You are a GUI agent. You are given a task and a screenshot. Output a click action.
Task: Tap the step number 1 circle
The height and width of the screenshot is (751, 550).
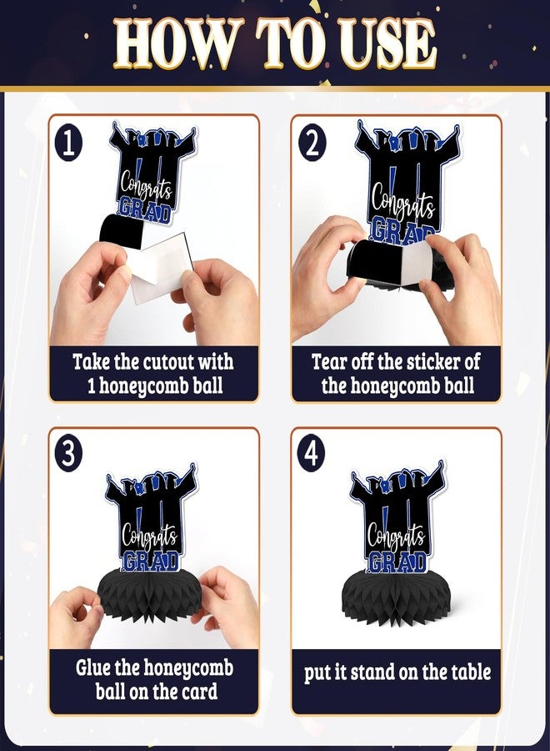click(69, 144)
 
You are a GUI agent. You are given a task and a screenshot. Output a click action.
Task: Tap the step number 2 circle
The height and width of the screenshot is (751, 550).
click(312, 144)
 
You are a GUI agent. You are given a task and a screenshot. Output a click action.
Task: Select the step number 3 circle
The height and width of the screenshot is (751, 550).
click(69, 454)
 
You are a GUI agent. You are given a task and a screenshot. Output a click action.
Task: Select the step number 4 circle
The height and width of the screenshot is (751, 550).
click(311, 454)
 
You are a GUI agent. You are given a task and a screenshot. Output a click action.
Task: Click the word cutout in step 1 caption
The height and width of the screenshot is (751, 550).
click(167, 361)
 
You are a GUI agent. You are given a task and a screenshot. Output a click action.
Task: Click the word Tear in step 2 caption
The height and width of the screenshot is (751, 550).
click(329, 361)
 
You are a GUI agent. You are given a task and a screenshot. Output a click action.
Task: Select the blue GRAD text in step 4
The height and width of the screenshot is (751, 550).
click(397, 562)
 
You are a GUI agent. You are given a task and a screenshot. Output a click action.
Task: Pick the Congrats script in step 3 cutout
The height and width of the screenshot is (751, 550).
click(149, 532)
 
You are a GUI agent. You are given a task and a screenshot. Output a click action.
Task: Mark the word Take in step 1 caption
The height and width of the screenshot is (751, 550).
click(92, 361)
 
